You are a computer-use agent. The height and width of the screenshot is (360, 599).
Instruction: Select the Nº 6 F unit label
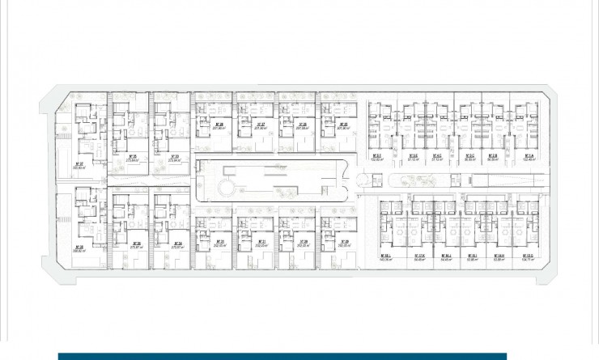(x=375, y=155)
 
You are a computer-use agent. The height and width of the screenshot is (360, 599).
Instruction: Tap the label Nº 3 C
(x=469, y=155)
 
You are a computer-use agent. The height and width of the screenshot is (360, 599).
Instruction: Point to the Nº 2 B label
(x=492, y=155)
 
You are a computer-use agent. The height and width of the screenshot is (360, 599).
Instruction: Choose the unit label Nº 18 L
(x=385, y=256)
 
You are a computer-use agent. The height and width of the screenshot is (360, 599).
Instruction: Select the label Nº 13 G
(x=527, y=256)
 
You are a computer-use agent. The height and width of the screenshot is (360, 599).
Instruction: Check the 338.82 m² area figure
(x=80, y=252)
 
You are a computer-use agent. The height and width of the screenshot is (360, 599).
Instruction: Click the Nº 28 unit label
(x=301, y=124)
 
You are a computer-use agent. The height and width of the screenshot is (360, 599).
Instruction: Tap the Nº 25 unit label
(x=219, y=124)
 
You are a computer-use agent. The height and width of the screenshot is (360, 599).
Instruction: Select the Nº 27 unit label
(x=261, y=124)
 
